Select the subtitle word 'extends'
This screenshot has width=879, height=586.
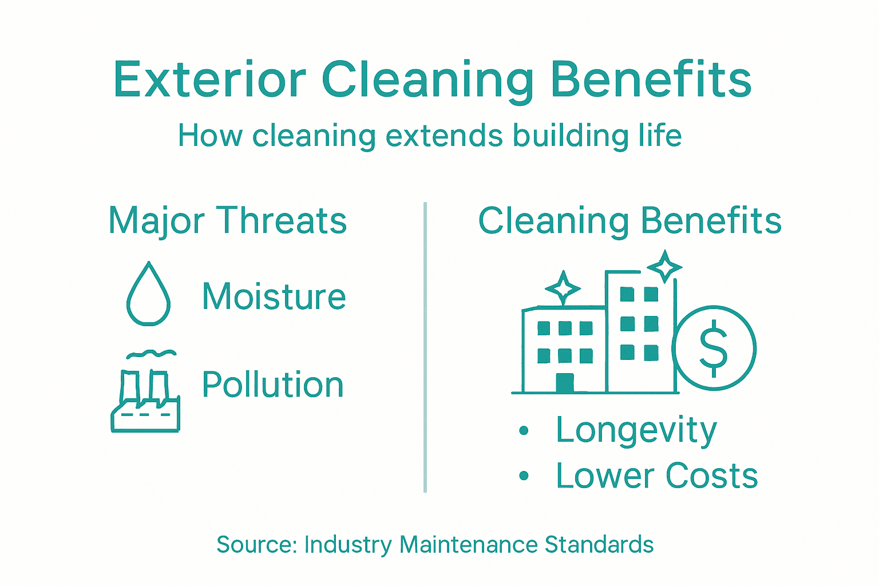tap(444, 136)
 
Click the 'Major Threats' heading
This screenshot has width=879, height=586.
tap(228, 220)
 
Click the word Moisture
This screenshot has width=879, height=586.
tap(274, 297)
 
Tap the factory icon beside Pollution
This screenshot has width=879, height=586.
tap(145, 401)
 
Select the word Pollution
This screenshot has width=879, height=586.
tap(273, 385)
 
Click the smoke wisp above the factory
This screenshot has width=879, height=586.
tap(152, 354)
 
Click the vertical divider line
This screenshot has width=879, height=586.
tap(425, 347)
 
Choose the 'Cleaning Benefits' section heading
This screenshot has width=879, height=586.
tap(630, 220)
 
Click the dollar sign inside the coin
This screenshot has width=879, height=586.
tap(714, 348)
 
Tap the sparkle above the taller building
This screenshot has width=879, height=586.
tap(665, 267)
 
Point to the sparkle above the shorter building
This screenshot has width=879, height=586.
tap(563, 288)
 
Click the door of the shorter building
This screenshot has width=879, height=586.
tap(565, 383)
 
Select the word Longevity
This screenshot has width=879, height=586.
tap(636, 430)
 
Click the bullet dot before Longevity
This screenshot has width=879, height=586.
tap(524, 430)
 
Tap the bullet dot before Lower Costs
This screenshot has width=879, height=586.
tap(524, 476)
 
